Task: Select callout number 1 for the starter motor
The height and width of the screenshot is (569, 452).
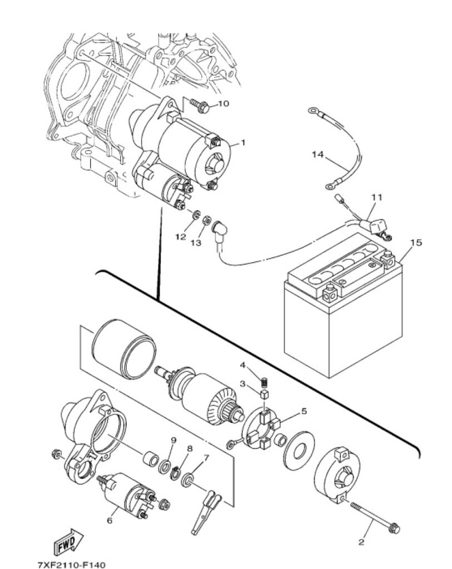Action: tap(243, 143)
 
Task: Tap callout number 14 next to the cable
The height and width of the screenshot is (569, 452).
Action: tap(317, 156)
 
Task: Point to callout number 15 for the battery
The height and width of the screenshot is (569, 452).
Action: tap(416, 242)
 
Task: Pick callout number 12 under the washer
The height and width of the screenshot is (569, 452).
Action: tap(180, 237)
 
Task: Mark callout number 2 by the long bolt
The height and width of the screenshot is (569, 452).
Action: tap(361, 542)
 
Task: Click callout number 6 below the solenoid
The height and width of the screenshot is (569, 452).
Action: tap(110, 521)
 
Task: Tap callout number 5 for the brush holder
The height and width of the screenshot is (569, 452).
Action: tap(304, 411)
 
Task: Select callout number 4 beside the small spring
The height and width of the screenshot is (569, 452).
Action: tap(242, 365)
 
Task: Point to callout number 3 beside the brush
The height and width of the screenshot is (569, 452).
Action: tap(242, 383)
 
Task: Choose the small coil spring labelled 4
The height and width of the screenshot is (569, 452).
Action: tap(266, 382)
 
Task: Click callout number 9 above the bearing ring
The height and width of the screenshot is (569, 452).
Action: tap(173, 440)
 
